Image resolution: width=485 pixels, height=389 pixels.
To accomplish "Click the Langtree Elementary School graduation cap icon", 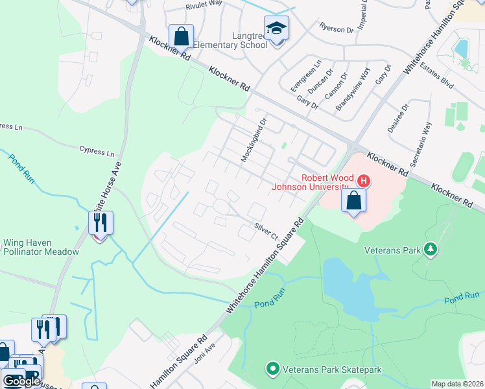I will (277, 28).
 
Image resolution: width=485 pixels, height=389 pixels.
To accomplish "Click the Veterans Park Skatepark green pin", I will (273, 370).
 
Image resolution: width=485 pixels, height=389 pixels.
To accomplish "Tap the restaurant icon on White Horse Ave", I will (101, 223).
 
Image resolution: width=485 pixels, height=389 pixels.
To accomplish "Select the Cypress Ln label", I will (97, 152).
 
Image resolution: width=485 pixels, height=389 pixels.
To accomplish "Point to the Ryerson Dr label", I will (338, 27).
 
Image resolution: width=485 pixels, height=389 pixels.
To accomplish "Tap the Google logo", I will (21, 381).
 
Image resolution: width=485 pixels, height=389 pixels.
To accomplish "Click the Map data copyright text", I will (457, 384).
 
